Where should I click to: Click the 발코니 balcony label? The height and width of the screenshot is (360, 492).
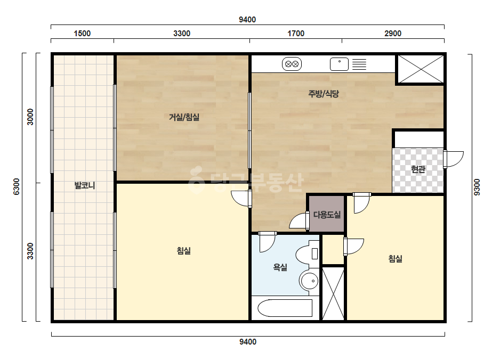coord(84,185)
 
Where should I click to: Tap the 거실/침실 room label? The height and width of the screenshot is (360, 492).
coord(184,117)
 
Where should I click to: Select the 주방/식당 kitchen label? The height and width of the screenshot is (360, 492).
coord(324,94)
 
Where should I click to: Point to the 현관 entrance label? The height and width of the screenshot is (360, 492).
coord(418,169)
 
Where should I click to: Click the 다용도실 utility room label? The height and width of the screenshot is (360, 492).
coord(327,215)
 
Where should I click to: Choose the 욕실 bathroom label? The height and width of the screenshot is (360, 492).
coord(280,267)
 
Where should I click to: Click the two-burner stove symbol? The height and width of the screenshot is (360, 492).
coord(292,64)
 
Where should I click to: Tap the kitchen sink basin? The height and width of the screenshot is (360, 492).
coord(339,64)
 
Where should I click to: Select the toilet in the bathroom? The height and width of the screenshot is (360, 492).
coord(308,253)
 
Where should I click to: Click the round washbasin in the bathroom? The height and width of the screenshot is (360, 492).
coord(309,281)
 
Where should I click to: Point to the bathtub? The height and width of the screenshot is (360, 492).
coord(285,308)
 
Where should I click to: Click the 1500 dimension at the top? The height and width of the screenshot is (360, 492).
coord(82,34)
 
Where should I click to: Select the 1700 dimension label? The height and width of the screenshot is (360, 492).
coord(296,34)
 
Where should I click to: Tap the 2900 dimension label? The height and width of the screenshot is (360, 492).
coord(393,34)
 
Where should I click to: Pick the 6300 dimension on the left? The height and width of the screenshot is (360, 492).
coord(17,186)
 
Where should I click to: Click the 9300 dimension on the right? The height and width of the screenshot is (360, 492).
coord(477,187)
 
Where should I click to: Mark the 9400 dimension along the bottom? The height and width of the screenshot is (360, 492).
coord(248,342)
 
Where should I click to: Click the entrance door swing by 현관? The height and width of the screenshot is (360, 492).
coord(454,159)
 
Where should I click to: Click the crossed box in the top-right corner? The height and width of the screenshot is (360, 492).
coord(421,69)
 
